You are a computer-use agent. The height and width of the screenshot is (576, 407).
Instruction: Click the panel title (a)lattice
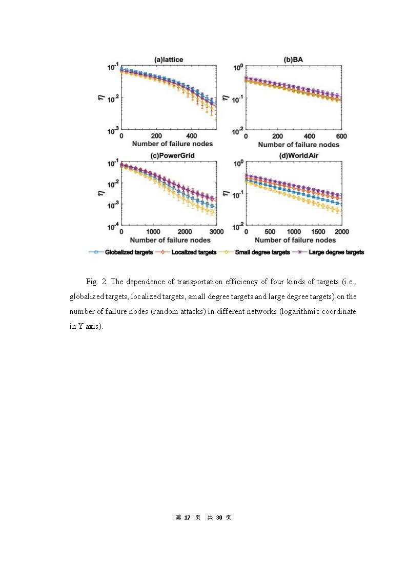click(x=169, y=60)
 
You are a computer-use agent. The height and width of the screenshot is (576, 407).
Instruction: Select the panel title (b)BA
click(x=294, y=60)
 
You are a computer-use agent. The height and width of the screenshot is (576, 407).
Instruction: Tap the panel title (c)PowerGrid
click(x=169, y=155)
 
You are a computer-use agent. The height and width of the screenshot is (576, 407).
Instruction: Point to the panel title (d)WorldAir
click(x=294, y=155)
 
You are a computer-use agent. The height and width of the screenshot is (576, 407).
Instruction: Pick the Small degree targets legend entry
click(x=262, y=252)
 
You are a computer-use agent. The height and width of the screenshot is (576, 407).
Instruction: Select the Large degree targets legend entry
click(x=333, y=252)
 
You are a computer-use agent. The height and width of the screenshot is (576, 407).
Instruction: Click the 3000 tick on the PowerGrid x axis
click(x=216, y=232)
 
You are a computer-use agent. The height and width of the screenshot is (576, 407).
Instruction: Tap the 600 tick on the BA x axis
click(x=341, y=136)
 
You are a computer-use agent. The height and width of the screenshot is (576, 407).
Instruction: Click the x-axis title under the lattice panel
click(x=169, y=144)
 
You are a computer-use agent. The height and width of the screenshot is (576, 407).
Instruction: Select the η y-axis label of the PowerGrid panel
click(x=100, y=193)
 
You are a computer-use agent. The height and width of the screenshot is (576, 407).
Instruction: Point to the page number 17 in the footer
click(x=187, y=518)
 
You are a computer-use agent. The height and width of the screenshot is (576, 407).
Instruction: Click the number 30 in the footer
click(x=219, y=518)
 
